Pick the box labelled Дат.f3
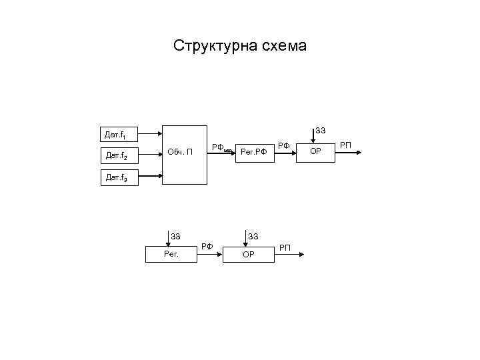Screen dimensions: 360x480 click(x=119, y=178)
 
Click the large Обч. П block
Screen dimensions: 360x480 click(x=185, y=154)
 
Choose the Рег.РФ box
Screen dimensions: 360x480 click(x=254, y=152)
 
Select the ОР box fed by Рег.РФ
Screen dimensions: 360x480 click(x=315, y=152)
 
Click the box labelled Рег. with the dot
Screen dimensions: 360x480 click(x=171, y=253)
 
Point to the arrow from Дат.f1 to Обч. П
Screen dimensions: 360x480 click(x=150, y=132)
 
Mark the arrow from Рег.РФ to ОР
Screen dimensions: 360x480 click(x=285, y=153)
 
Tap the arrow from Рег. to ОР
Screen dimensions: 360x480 click(x=209, y=253)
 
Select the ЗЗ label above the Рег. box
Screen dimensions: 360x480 click(x=175, y=235)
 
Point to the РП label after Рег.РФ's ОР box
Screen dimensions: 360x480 click(x=345, y=144)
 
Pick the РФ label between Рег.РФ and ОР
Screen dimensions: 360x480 click(x=284, y=145)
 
